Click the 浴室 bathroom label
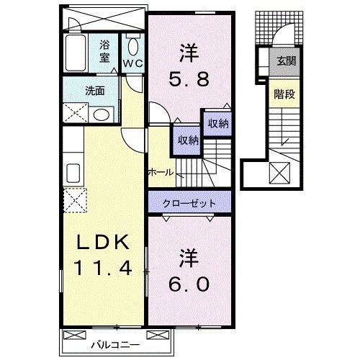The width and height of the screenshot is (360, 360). [x=105, y=51]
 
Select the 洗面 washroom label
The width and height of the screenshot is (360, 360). [x=94, y=91]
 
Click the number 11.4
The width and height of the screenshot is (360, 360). [x=101, y=269]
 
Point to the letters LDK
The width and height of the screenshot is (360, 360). [x=101, y=242]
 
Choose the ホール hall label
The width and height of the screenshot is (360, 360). [x=160, y=172]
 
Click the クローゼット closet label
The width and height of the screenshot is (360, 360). [x=190, y=202]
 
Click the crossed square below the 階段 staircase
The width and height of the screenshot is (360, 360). [x=278, y=173]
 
